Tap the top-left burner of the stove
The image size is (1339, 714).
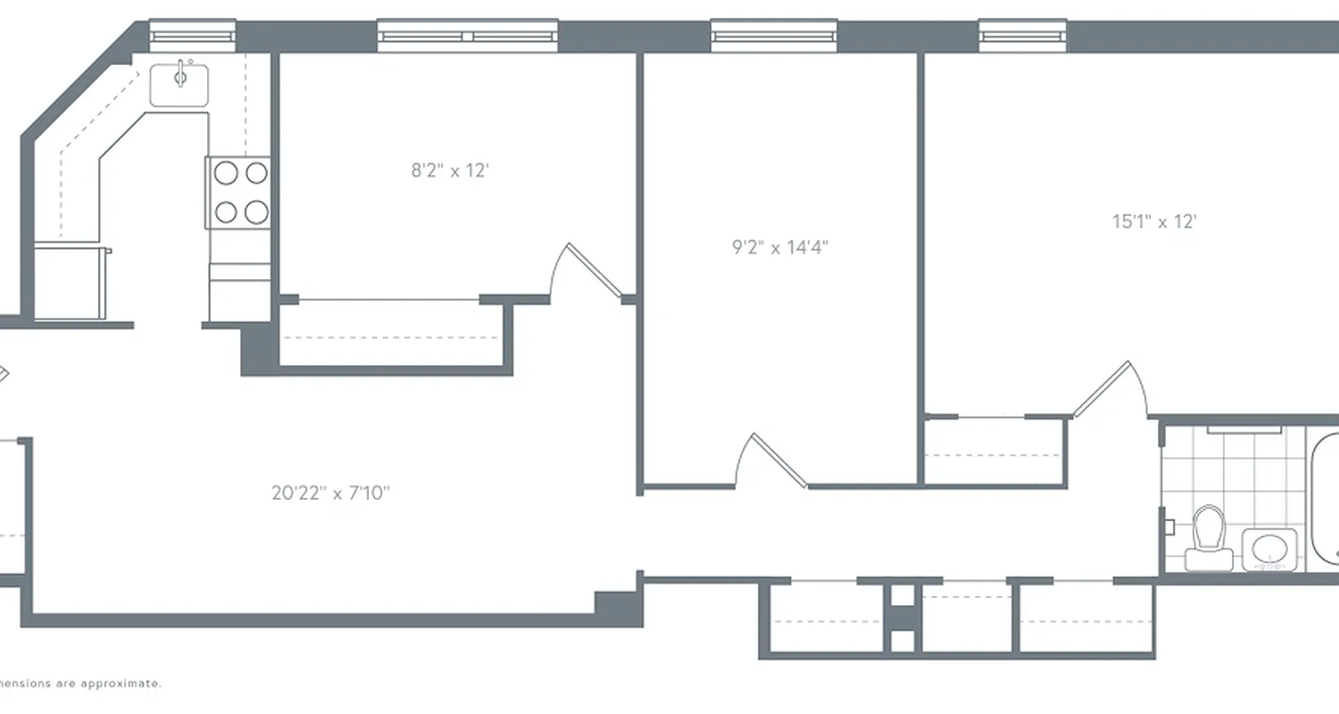[x=226, y=172]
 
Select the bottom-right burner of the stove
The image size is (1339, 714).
[x=256, y=212]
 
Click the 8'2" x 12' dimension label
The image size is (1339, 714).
[x=450, y=170]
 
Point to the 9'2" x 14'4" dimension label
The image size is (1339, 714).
[x=780, y=247]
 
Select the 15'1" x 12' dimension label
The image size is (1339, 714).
[x=1153, y=222]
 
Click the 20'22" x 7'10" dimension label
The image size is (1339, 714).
[x=331, y=493]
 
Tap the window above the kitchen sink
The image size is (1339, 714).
[x=192, y=36]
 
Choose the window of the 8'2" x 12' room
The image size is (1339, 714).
[x=468, y=36]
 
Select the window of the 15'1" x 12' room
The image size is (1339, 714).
[x=1024, y=36]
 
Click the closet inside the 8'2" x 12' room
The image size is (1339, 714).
[x=393, y=335]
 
